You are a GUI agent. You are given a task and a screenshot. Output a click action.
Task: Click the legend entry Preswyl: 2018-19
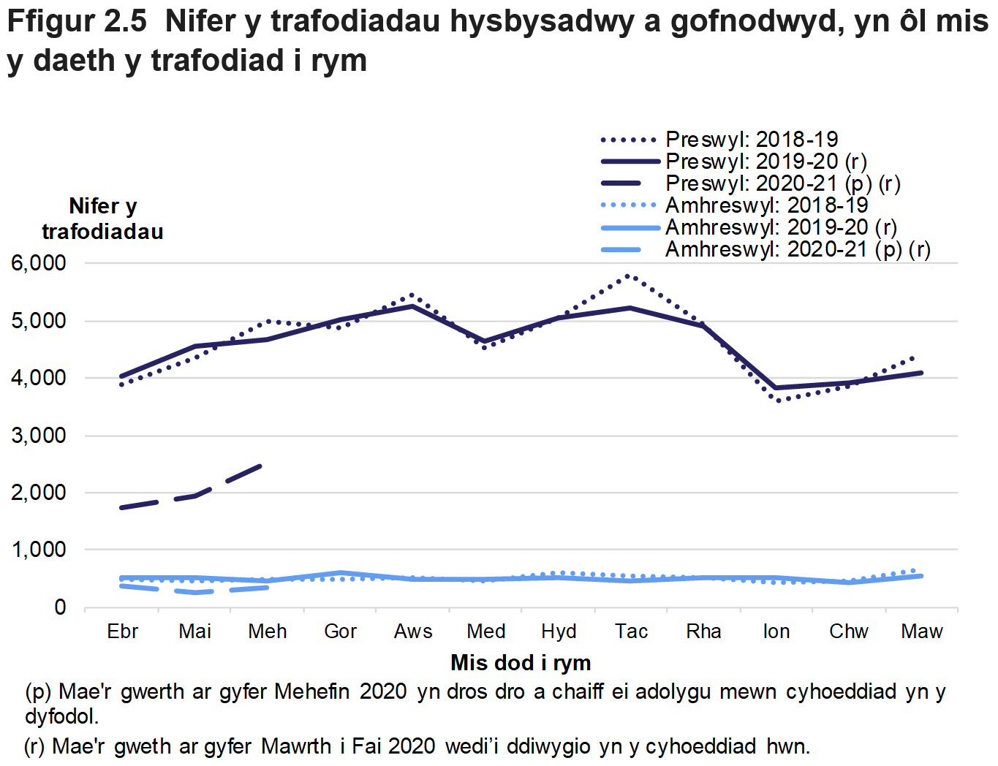pyautogui.click(x=751, y=139)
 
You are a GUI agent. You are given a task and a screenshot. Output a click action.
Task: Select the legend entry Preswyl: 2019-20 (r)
pyautogui.click(x=765, y=161)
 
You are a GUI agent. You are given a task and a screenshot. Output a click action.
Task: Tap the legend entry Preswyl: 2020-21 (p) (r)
pyautogui.click(x=782, y=183)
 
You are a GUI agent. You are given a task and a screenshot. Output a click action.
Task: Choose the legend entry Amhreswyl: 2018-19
pyautogui.click(x=766, y=205)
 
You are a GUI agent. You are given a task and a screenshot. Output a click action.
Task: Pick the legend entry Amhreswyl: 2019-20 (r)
pyautogui.click(x=781, y=227)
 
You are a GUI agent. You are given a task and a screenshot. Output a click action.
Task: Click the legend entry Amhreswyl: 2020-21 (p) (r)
pyautogui.click(x=797, y=249)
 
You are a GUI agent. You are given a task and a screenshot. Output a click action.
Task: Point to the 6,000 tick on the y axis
pyautogui.click(x=39, y=263)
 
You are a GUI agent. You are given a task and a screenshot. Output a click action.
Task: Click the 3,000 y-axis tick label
pyautogui.click(x=39, y=436)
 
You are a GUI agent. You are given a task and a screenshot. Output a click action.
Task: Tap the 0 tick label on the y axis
pyautogui.click(x=60, y=607)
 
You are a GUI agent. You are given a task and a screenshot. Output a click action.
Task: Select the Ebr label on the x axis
pyautogui.click(x=122, y=632)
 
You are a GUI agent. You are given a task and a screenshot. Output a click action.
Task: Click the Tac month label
pyautogui.click(x=631, y=632)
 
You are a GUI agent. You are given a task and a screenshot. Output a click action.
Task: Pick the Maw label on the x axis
pyautogui.click(x=921, y=632)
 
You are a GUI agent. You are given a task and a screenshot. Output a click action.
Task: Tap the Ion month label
pyautogui.click(x=776, y=632)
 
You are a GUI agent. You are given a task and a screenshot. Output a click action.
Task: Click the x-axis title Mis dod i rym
pyautogui.click(x=521, y=663)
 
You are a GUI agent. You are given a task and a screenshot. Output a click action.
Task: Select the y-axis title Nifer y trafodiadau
pyautogui.click(x=102, y=219)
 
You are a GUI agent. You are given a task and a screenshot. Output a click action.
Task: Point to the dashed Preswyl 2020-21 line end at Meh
pyautogui.click(x=261, y=466)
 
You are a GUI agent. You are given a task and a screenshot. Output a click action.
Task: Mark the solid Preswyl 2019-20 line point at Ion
pyautogui.click(x=776, y=388)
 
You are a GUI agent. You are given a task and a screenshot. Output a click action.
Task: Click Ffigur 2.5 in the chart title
pyautogui.click(x=77, y=21)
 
